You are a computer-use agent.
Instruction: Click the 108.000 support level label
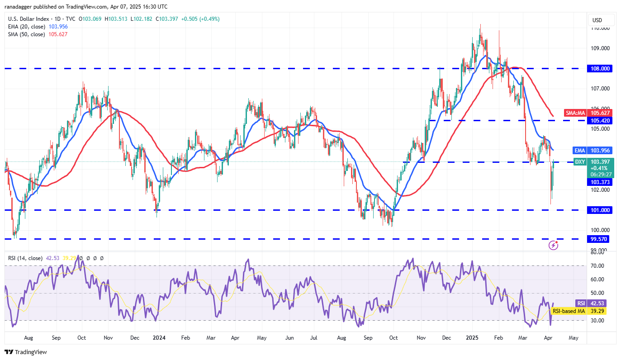600,68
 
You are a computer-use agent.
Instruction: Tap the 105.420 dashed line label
600,120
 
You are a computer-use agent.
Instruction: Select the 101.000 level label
600,210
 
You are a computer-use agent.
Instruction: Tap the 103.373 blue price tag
600,182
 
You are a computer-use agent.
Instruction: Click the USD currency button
597,20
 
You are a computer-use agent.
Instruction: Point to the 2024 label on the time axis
159,337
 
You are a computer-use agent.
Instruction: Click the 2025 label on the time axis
472,337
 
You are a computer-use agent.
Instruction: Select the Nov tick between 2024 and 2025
421,337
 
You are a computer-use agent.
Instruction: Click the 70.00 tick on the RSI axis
600,266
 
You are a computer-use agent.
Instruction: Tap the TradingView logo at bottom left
26,352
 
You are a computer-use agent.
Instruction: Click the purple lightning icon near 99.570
553,245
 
